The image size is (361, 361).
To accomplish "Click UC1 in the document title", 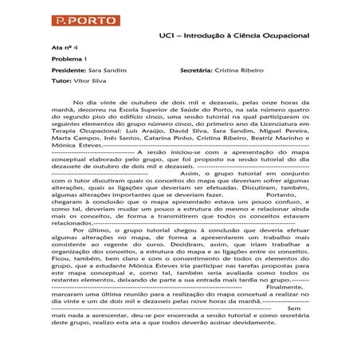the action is [167, 36].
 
